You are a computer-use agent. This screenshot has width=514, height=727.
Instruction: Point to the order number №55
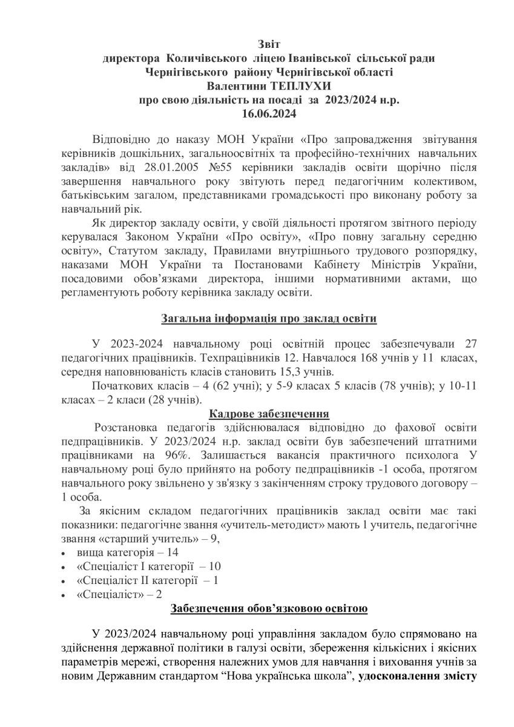pyautogui.click(x=226, y=167)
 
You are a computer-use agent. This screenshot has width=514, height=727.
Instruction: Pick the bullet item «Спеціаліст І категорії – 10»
pyautogui.click(x=149, y=566)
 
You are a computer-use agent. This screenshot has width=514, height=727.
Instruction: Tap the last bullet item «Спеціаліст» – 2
pyautogui.click(x=120, y=594)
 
